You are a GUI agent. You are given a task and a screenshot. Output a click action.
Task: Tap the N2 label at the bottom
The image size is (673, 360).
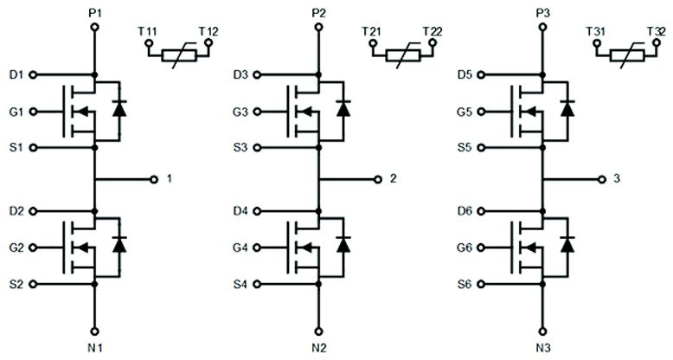[x=320, y=349]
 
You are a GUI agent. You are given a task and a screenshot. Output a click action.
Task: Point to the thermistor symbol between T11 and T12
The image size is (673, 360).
[x=177, y=54]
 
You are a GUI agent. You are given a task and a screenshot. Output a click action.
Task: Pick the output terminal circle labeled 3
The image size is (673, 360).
[x=602, y=179]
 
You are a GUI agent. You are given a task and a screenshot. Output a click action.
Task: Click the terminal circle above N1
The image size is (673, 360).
[x=95, y=331]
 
